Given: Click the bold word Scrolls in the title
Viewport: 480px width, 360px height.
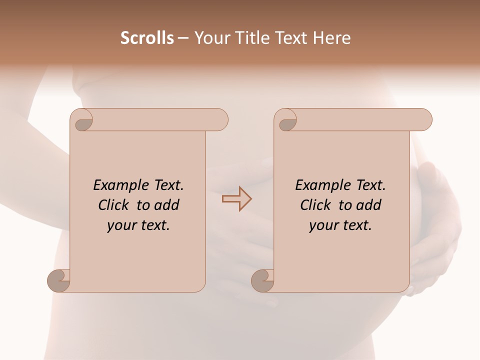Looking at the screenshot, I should (x=147, y=38).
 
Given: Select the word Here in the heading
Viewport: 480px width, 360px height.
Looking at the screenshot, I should (x=331, y=38).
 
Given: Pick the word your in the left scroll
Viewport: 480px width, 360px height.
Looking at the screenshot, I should (x=121, y=225).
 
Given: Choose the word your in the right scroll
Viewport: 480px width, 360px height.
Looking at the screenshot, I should (x=323, y=225).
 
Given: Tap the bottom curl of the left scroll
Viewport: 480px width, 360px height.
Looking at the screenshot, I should (x=59, y=279).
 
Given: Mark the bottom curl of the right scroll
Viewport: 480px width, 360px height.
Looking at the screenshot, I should (x=263, y=279).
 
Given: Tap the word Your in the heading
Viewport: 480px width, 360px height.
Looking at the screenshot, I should (x=212, y=38).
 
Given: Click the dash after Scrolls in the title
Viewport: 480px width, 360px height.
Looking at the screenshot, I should (x=183, y=38).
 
